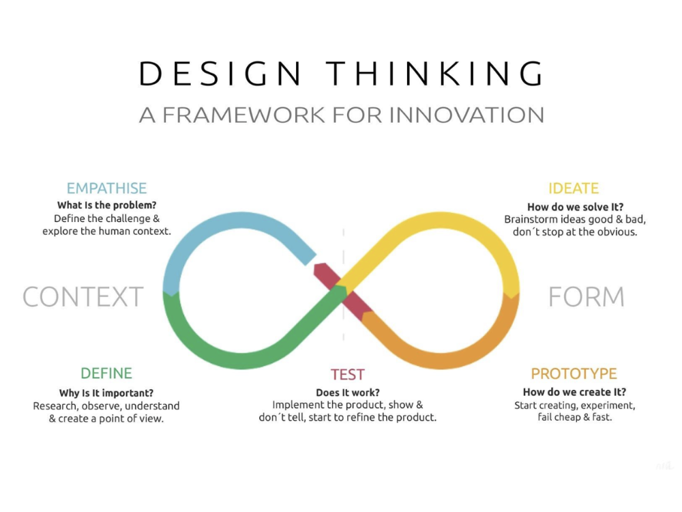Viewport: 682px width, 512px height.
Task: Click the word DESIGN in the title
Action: coord(220,73)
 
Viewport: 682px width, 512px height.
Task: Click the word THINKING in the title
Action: coord(434,73)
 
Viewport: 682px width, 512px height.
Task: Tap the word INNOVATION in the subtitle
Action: coord(466,115)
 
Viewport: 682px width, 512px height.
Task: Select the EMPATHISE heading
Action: coord(106,188)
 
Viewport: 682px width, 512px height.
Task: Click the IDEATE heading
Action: coord(574,188)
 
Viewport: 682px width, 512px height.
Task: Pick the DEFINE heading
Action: coord(106,373)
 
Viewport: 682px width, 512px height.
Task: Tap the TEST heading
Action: coord(347,374)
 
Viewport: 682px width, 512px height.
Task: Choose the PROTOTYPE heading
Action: coord(574,373)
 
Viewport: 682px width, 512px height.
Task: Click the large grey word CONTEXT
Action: coord(83,297)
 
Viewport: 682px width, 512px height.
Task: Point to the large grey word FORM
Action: coord(587,297)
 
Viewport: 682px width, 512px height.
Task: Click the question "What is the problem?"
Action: coord(106,205)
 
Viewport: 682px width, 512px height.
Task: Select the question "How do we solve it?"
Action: coord(575,207)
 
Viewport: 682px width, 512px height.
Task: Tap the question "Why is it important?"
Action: coord(106,393)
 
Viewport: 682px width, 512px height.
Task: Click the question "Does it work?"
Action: coord(348,393)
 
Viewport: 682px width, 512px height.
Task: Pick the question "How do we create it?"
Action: coord(574,392)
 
